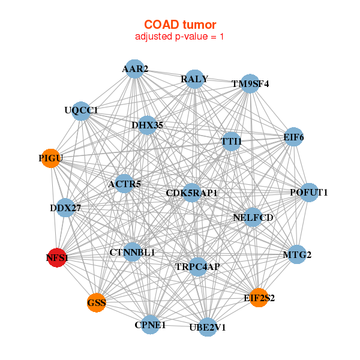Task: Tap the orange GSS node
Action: [96, 302]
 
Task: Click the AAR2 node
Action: [135, 69]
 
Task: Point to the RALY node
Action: [194, 79]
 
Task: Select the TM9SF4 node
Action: [250, 84]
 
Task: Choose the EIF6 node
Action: [293, 137]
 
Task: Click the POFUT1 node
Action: [308, 193]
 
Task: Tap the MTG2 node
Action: [297, 255]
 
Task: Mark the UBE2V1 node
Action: [207, 327]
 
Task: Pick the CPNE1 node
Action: [151, 325]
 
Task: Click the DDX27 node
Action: [65, 208]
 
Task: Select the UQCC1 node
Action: [81, 110]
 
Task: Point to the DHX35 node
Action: [147, 125]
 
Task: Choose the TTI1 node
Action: [231, 142]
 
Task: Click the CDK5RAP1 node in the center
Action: [191, 193]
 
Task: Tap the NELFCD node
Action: [253, 217]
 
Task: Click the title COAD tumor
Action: [180, 25]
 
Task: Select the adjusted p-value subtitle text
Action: [180, 37]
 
